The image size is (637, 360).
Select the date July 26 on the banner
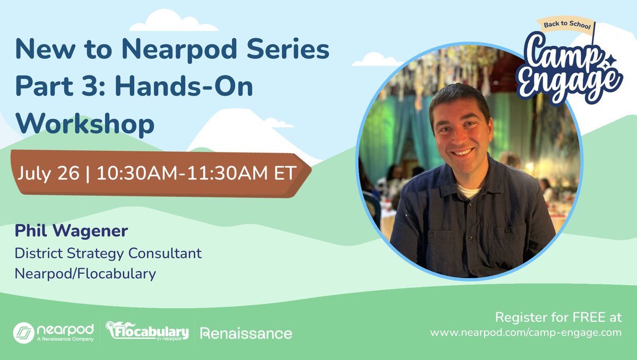tap(48, 174)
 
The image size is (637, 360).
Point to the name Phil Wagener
tap(72, 232)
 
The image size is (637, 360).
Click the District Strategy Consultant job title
tap(108, 253)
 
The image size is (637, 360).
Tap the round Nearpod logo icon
tap(24, 333)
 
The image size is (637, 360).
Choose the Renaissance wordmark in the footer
tap(246, 333)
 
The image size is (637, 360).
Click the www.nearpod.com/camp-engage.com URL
tap(526, 332)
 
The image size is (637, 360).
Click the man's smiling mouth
tap(462, 152)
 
